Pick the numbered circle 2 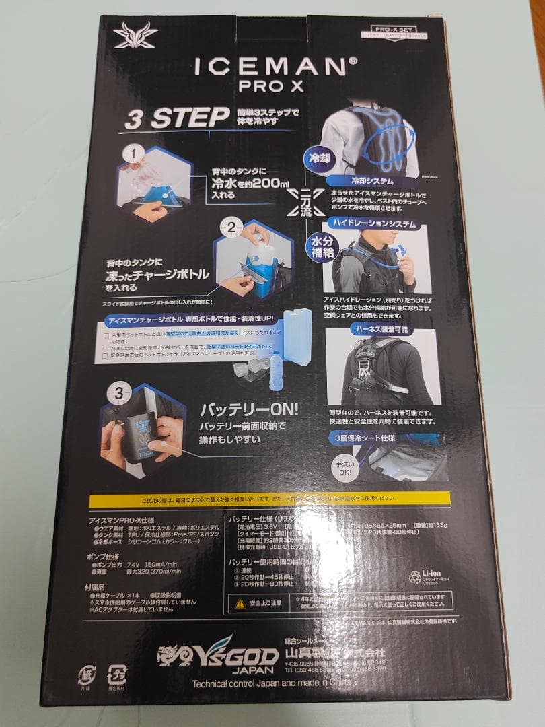(231, 227)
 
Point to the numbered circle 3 (118, 392)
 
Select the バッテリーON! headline (250, 409)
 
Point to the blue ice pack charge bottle (295, 337)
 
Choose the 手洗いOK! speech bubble (343, 469)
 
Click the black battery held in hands (143, 436)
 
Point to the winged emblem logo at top (136, 36)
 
